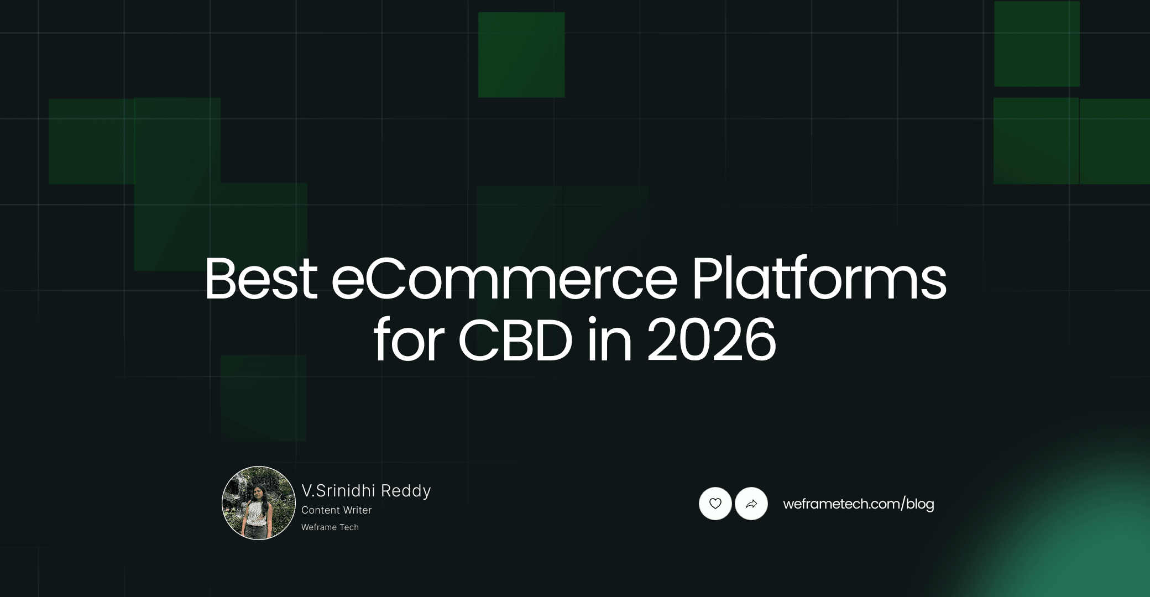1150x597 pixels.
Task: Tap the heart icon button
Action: [x=715, y=504]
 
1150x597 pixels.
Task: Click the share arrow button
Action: [x=751, y=504]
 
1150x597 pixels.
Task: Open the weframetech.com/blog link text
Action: [x=858, y=504]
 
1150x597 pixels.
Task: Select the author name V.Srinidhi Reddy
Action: [x=366, y=491]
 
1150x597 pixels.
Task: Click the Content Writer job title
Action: [x=336, y=510]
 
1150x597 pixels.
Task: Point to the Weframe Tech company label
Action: [x=330, y=527]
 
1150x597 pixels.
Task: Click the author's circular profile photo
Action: [x=259, y=503]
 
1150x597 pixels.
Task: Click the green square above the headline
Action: [x=521, y=55]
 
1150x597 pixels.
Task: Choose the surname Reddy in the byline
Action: [x=406, y=491]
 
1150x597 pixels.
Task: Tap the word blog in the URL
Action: [x=920, y=504]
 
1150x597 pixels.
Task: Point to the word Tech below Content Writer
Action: [x=349, y=527]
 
